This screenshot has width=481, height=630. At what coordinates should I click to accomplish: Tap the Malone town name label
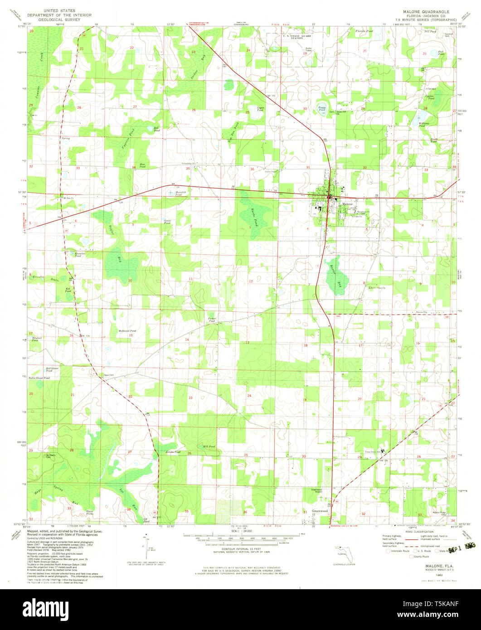[x=347, y=204]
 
